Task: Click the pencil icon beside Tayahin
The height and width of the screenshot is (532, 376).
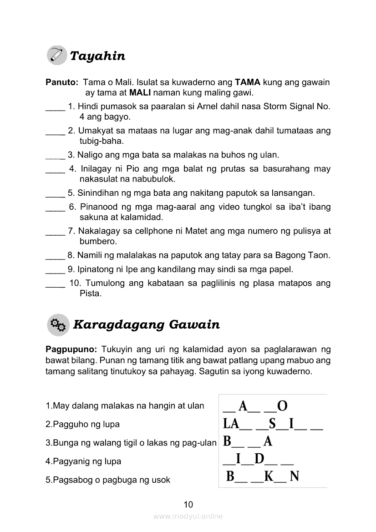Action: coord(56,56)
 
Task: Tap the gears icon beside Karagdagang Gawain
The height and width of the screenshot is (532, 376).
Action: coord(58,324)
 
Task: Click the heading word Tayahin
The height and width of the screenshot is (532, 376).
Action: coord(97,56)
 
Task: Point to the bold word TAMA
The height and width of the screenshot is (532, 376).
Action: coord(247,83)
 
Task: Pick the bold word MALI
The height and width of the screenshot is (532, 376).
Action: coord(140,93)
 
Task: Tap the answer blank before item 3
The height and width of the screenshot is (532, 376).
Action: coord(55,155)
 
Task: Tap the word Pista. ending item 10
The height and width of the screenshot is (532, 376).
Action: coord(90,294)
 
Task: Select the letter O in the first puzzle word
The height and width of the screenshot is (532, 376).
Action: coord(282,405)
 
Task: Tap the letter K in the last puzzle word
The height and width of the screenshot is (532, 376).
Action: coord(269,476)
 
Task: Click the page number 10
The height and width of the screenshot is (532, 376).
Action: coord(188,504)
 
